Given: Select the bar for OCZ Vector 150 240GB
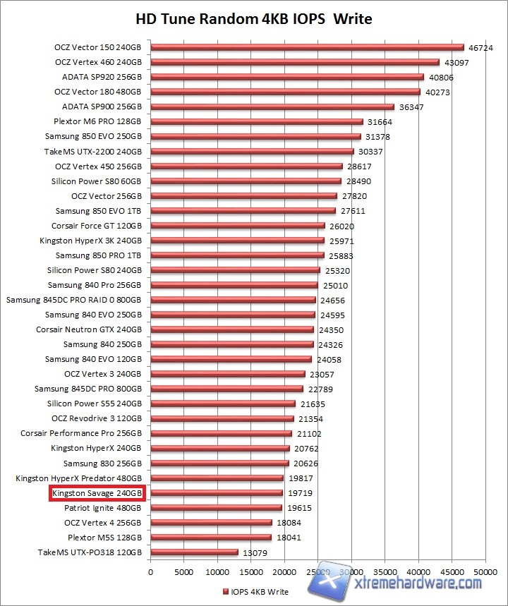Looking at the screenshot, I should click(x=307, y=48).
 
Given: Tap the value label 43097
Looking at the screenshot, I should click(x=457, y=63).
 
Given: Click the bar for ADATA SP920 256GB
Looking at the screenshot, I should click(x=286, y=78).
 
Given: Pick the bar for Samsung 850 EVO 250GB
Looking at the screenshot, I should click(x=255, y=136).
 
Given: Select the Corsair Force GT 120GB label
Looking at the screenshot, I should click(x=97, y=226).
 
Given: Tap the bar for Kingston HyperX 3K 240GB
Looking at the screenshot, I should click(x=237, y=241).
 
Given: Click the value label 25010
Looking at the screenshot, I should click(x=334, y=285).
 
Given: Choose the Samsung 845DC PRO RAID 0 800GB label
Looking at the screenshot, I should click(x=74, y=300).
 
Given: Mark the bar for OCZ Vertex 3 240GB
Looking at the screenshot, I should click(x=227, y=374).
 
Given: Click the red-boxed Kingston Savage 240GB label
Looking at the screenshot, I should click(x=97, y=492).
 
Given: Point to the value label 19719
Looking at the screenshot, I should click(x=299, y=492).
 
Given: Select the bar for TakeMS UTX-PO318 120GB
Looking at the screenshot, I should click(x=194, y=552).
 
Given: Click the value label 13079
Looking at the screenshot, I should click(x=254, y=552).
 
